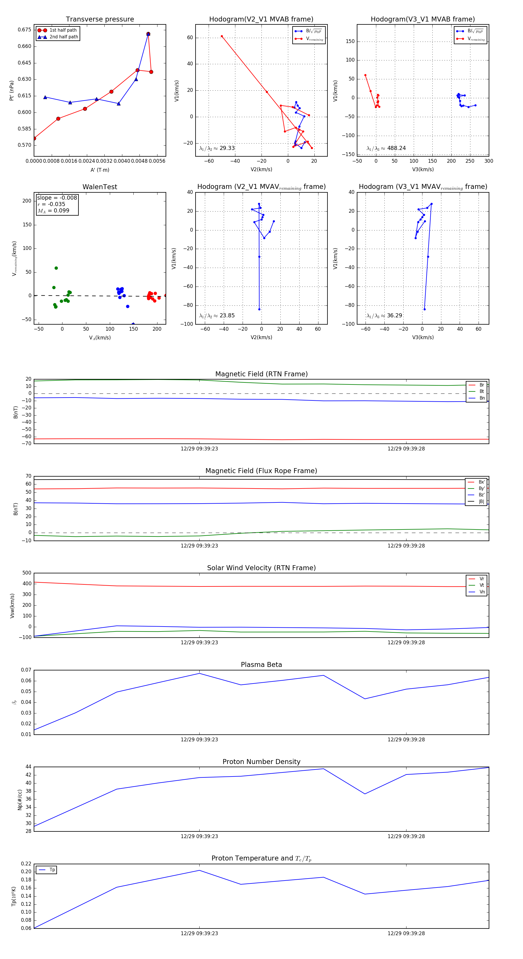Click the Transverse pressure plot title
[100, 19]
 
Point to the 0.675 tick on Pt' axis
[25, 30]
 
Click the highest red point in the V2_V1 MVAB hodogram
[222, 37]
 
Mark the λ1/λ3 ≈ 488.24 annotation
[386, 148]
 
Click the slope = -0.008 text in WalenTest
[57, 198]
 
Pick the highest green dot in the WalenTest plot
[56, 268]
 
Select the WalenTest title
[100, 187]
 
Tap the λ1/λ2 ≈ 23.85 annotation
[217, 316]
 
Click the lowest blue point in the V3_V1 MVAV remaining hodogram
[424, 309]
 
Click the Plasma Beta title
[261, 665]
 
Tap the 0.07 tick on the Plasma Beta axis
[26, 670]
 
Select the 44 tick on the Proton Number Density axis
[28, 767]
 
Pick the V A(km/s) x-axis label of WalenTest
[100, 338]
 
